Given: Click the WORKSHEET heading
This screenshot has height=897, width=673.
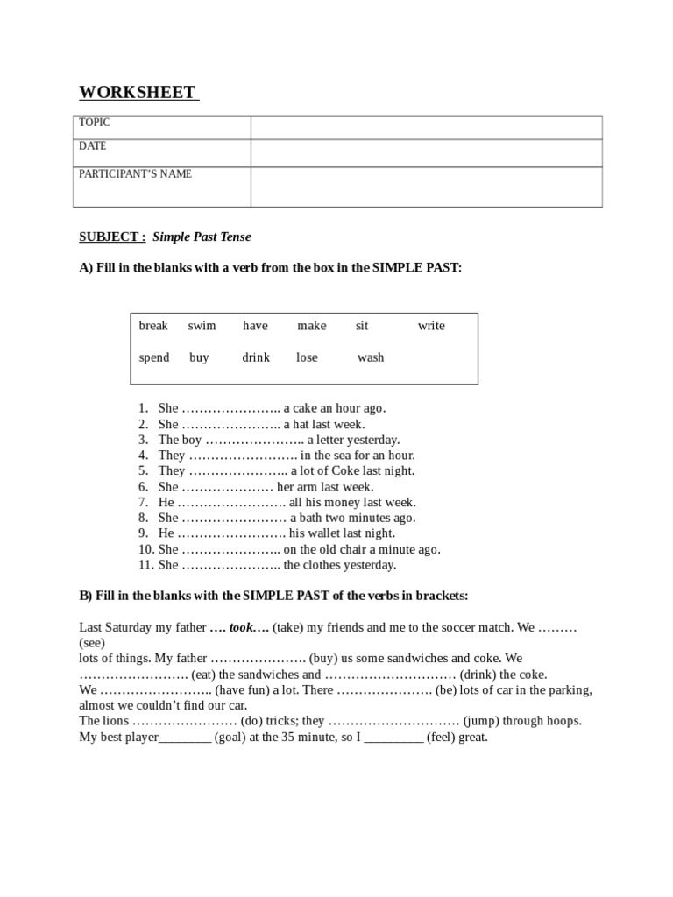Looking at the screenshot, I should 138,92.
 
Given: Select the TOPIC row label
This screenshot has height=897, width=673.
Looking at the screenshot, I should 95,123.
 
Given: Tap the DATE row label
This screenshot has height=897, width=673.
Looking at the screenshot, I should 92,146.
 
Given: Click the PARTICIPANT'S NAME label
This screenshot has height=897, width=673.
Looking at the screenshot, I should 135,173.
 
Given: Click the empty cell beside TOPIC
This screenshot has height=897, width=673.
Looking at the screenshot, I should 426,127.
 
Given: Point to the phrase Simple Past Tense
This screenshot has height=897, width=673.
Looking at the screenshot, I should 202,237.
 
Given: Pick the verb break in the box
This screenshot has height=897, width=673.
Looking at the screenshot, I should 153,326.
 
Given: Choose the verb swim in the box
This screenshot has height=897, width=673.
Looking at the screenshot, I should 202,326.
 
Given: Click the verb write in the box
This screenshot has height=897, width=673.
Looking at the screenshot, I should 431,326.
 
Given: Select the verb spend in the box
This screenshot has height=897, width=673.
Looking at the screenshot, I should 154,357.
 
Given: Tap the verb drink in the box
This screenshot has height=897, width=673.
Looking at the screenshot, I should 256,357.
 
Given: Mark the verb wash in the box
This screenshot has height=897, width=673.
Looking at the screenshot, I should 371,357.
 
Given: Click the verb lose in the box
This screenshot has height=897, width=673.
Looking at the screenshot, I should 308,357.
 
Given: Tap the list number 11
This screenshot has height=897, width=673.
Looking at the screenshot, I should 145,565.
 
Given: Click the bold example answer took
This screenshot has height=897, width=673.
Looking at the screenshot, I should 241,628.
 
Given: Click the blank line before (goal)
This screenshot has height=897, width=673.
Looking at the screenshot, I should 185,738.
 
